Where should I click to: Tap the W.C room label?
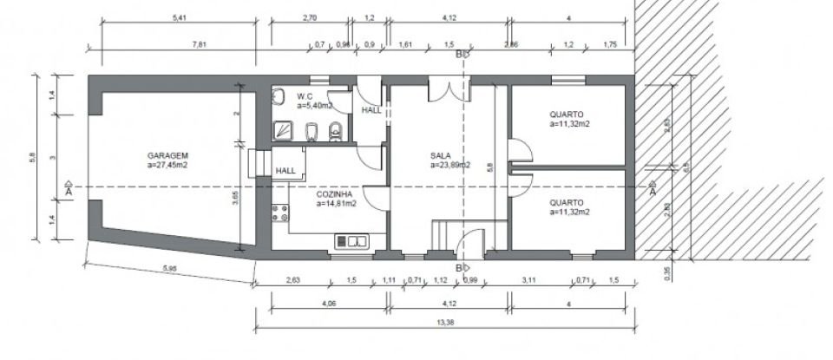point(305,96)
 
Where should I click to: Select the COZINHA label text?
point(334,195)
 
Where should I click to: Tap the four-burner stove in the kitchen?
point(279,215)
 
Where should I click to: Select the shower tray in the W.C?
point(283,131)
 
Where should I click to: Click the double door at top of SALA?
point(449,89)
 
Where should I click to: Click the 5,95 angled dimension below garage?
point(169,269)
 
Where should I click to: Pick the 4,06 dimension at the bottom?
point(328,304)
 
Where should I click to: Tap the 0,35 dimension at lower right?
point(666,272)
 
